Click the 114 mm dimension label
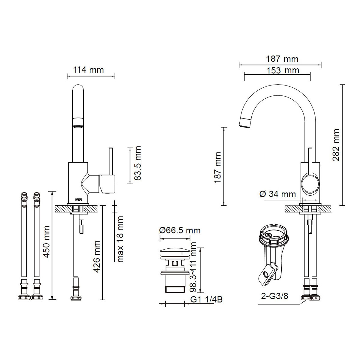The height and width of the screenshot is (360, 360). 88,70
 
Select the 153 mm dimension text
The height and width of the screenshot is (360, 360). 283,70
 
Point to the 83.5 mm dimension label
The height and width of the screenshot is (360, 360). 137,163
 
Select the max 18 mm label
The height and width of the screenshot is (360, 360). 120,239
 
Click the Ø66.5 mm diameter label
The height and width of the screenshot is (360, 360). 180,230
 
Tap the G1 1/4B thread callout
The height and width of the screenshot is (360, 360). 206,299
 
